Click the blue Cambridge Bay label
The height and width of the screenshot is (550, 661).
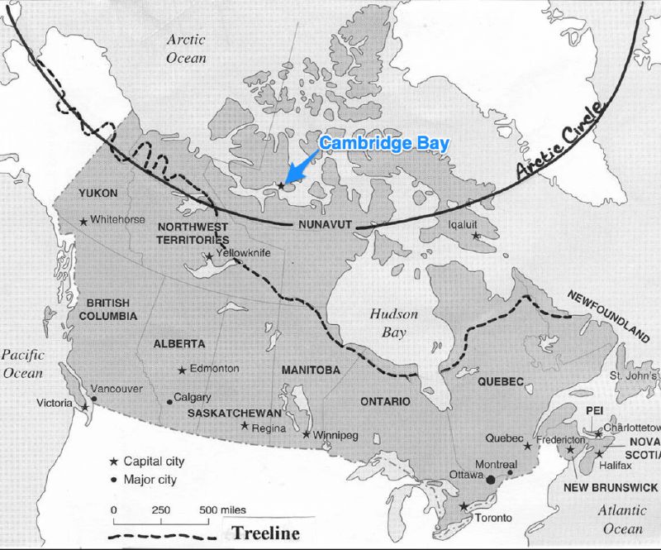point(384,143)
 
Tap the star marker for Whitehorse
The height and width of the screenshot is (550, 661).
point(83,221)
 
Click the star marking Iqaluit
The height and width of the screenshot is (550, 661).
point(476,237)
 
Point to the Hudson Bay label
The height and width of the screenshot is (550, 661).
point(393,324)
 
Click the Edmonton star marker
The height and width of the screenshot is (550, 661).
point(182,370)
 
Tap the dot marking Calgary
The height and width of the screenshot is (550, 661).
point(169,402)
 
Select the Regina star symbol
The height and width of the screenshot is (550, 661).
point(245,426)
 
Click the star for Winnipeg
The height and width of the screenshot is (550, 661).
point(307,434)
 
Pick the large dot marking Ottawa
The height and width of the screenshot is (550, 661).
point(492,480)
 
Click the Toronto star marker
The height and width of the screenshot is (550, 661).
point(464,506)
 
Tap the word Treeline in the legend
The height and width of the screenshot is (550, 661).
point(265,533)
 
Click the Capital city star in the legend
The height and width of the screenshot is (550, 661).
point(114,461)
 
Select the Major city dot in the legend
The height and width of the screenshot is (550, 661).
point(114,479)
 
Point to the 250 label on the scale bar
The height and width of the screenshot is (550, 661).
point(160,509)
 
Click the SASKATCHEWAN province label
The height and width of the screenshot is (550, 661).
point(235,413)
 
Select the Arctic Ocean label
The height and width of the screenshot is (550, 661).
point(186,48)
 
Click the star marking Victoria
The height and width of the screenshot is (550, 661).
point(85,407)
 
